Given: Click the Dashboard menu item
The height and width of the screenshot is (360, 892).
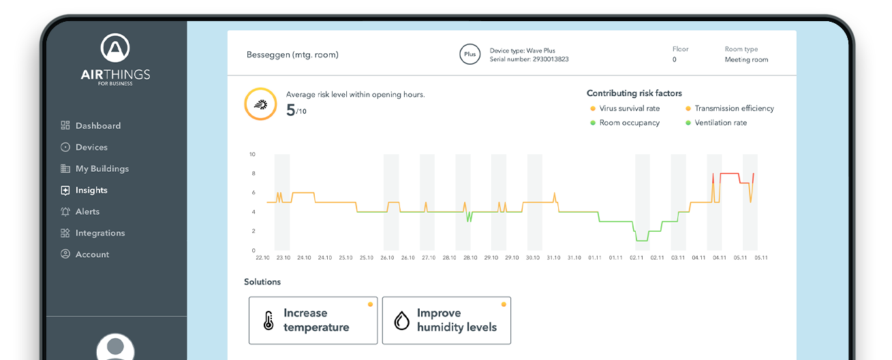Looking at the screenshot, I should [97, 125].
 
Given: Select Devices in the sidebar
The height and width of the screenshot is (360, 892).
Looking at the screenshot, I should [91, 147].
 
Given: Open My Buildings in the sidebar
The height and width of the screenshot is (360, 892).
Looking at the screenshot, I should [102, 168].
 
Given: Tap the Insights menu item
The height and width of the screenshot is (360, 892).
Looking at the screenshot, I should [91, 190].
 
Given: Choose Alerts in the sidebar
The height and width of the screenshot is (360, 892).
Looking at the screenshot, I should [87, 211].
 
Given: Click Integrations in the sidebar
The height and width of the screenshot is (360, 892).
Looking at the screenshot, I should [99, 233].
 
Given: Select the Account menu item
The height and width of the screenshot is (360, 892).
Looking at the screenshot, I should [92, 254].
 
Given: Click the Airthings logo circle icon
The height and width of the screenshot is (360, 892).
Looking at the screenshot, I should [115, 48].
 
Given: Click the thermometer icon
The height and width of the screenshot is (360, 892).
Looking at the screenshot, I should [268, 320].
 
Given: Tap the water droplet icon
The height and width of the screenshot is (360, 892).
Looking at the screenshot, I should [402, 320].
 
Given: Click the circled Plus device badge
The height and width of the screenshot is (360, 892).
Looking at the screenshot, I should [470, 55].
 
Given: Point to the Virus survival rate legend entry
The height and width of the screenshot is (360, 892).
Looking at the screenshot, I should [629, 108].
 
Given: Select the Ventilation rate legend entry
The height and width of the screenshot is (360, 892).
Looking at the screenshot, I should [720, 123].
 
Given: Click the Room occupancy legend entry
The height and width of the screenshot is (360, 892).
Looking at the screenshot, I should [629, 123].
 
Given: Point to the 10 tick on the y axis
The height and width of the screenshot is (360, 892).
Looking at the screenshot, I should [251, 154].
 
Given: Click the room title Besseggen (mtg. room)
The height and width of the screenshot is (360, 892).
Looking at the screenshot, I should [292, 55].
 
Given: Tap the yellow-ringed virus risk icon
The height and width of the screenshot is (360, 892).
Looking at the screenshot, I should [260, 104].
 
